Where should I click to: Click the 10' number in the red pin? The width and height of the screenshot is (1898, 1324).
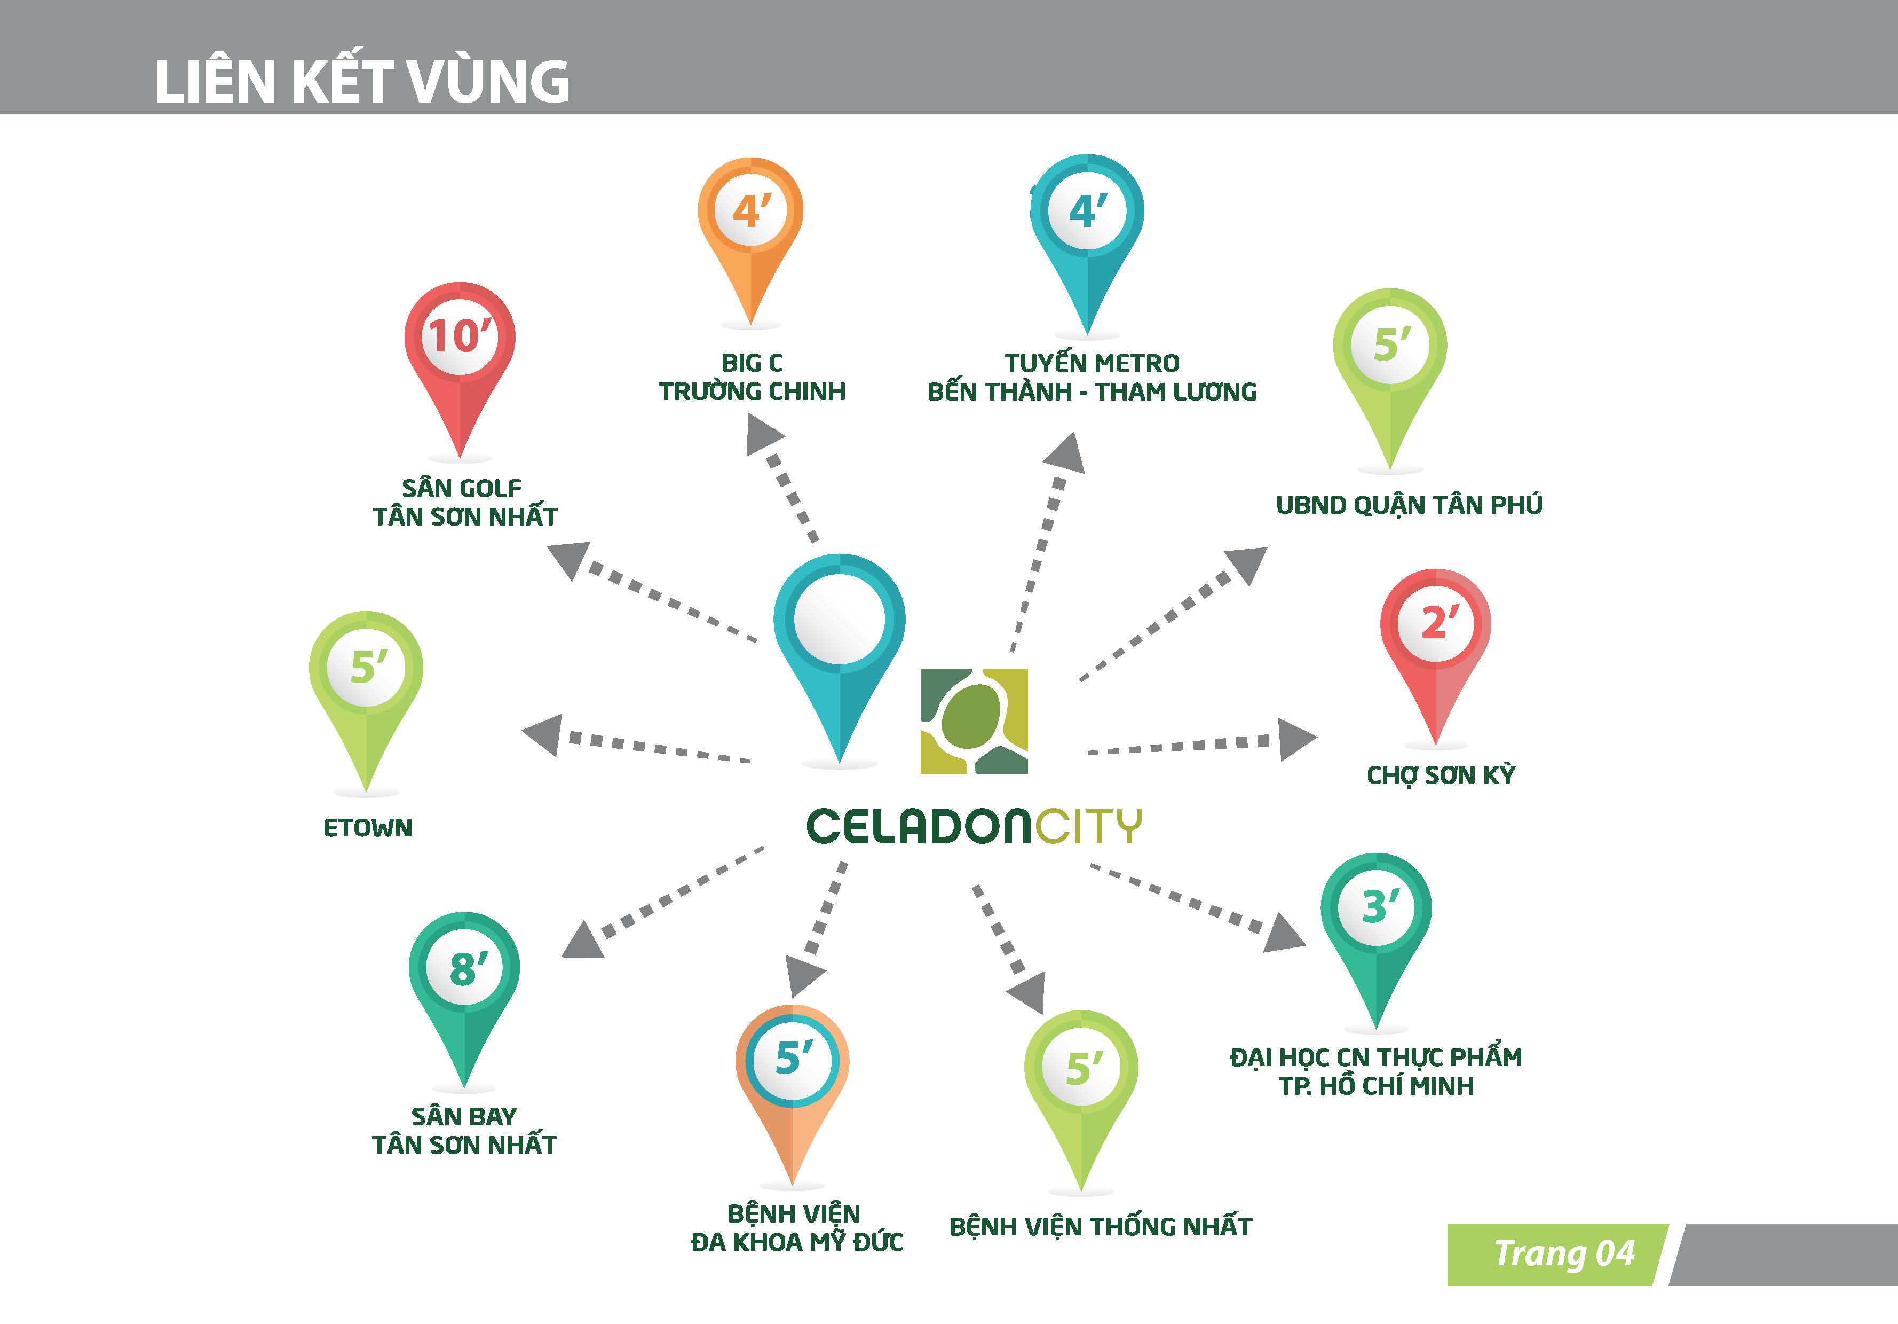tap(459, 336)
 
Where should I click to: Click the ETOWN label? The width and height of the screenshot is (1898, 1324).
tap(368, 828)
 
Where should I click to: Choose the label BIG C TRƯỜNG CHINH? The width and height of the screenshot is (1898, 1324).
tap(752, 377)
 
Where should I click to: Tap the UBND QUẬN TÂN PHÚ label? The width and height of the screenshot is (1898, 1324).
tap(1409, 505)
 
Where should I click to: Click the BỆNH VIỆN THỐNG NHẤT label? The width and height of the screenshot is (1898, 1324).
tap(1100, 1226)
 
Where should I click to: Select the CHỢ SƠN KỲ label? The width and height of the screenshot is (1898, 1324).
tap(1440, 775)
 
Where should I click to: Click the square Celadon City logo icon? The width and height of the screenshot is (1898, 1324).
tap(974, 720)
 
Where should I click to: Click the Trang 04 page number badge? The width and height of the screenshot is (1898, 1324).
tap(1562, 1254)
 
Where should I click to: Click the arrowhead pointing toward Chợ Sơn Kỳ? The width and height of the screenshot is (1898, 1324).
tap(1295, 739)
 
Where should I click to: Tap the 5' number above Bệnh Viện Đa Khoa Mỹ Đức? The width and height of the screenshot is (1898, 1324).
tap(793, 1057)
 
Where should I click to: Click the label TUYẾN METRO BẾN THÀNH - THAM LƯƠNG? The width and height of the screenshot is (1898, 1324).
tap(1091, 377)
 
